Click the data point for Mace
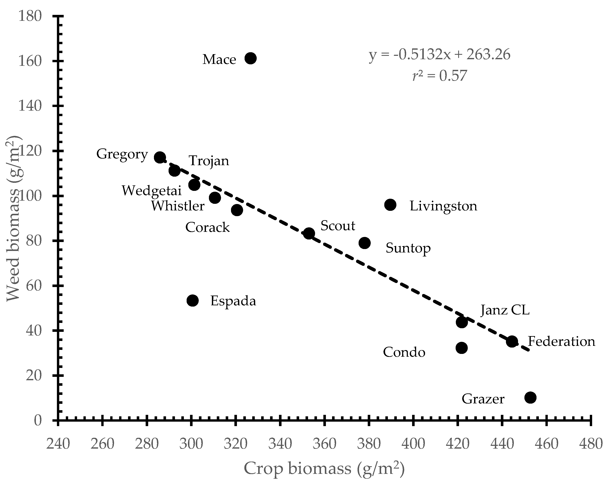click(250, 58)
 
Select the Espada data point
click(193, 301)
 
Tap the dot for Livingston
click(390, 205)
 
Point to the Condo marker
click(461, 348)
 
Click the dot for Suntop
click(365, 243)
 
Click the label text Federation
click(561, 341)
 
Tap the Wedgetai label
click(151, 191)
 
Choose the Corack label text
click(207, 227)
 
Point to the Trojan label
click(209, 161)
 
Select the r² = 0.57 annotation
click(439, 75)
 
